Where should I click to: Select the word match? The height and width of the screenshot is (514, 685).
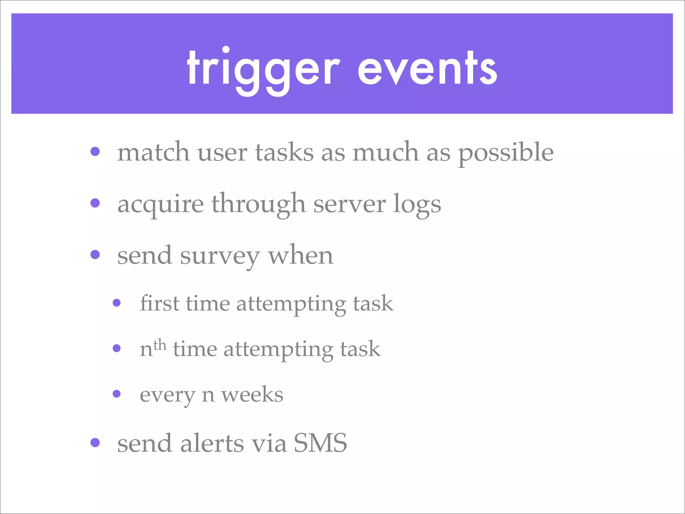pos(153,152)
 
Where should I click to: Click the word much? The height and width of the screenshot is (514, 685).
pos(385,152)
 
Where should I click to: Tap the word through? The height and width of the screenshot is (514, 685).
pos(258,204)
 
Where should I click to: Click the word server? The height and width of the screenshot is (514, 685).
pos(349,204)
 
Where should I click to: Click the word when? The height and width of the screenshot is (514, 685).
pos(301,256)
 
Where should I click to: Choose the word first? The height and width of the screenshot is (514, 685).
pos(159,303)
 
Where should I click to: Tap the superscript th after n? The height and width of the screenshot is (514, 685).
pos(160,344)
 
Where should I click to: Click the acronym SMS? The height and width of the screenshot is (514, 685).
pos(320,443)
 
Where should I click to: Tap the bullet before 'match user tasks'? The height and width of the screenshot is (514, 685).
pos(95,152)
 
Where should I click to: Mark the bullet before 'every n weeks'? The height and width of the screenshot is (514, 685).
pos(117,394)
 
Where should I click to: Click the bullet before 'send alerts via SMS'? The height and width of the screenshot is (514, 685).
pos(95,442)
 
